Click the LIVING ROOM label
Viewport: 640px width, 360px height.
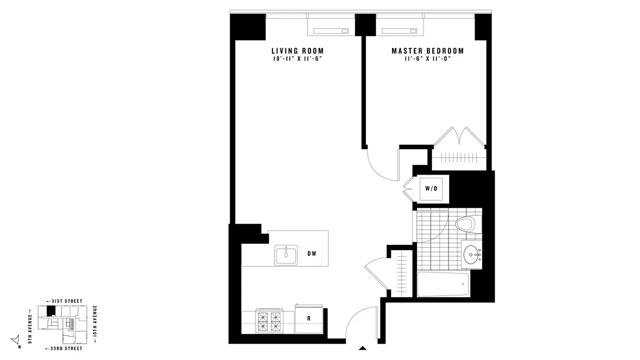(x=297, y=51)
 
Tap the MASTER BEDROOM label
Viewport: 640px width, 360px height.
(x=428, y=51)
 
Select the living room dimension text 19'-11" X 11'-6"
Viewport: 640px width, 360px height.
(x=297, y=58)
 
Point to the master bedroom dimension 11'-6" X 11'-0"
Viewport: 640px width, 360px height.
(x=428, y=58)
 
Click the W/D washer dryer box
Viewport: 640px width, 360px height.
(x=431, y=188)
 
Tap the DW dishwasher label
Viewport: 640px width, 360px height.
(x=312, y=253)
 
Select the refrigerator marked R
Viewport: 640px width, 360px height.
(x=309, y=319)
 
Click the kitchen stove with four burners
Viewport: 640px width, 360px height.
(x=270, y=321)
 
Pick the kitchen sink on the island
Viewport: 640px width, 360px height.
(x=286, y=255)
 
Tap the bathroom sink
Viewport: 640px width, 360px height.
(x=472, y=255)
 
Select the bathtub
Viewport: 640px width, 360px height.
(x=443, y=284)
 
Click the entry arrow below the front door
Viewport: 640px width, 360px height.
(x=362, y=348)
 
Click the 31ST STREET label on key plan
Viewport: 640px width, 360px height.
(x=65, y=301)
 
